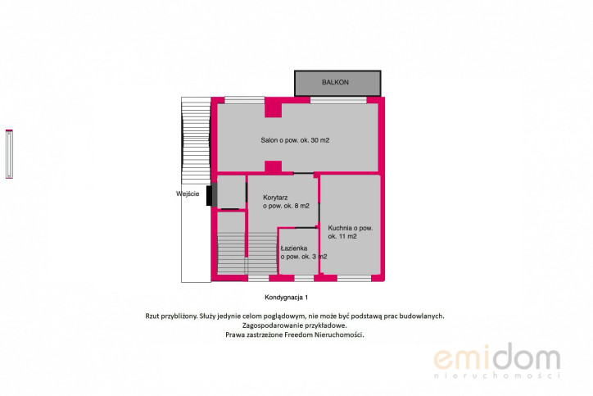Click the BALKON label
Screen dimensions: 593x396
coord(335,82)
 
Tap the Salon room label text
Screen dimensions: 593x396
coord(295,140)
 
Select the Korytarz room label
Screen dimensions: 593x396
coord(286,202)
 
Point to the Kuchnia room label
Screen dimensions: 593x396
coord(351,232)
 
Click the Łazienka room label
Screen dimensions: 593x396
coord(304,253)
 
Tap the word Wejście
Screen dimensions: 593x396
coord(188,193)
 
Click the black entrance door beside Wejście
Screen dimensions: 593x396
coord(209,196)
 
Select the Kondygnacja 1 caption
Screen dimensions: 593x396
coord(287,297)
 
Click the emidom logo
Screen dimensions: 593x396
coord(496,361)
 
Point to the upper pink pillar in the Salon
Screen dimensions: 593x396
coord(273,109)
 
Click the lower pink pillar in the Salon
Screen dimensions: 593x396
coord(273,167)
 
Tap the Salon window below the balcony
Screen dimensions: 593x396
coord(338,100)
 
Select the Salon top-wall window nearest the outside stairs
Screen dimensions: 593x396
coord(245,100)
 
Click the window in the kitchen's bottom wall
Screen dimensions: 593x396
coord(354,278)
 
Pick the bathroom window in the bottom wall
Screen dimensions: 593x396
coord(304,278)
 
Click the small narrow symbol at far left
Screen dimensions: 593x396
coord(9,153)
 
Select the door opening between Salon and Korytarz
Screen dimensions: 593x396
coord(304,173)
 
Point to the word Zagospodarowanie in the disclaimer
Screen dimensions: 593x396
coord(269,325)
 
